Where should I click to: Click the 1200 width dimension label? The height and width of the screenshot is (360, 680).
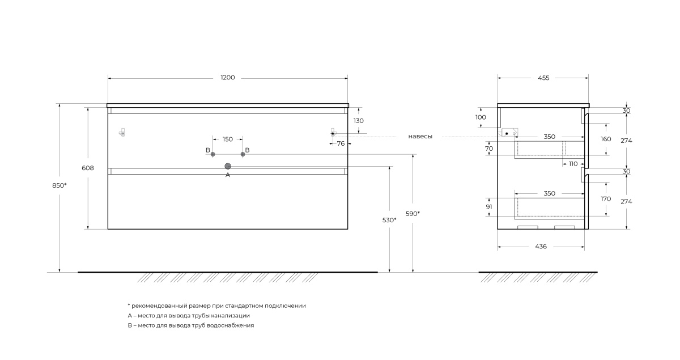pyautogui.click(x=228, y=78)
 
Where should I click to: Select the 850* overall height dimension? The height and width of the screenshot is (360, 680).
pyautogui.click(x=59, y=185)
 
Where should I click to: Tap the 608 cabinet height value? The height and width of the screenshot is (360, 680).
pyautogui.click(x=88, y=168)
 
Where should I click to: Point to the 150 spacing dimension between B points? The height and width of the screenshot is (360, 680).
pyautogui.click(x=228, y=139)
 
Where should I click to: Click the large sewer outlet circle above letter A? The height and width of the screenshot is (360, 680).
pyautogui.click(x=228, y=166)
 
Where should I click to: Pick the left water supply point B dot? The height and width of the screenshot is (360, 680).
pyautogui.click(x=213, y=154)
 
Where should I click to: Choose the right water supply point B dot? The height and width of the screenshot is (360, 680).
pyautogui.click(x=243, y=154)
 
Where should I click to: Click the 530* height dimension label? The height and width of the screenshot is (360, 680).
pyautogui.click(x=389, y=220)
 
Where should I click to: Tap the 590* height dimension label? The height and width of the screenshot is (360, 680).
pyautogui.click(x=413, y=214)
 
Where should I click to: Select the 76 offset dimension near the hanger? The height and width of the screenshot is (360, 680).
pyautogui.click(x=341, y=143)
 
